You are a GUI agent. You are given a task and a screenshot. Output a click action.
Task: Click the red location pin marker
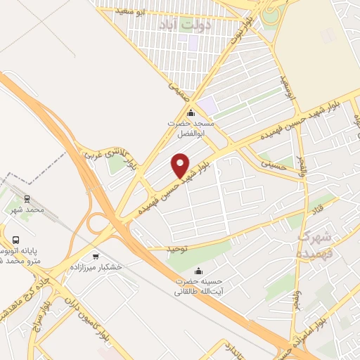click(181, 165)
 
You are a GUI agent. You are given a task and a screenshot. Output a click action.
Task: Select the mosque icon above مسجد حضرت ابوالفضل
click(190, 113)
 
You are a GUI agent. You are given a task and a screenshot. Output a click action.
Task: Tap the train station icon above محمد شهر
click(27, 199)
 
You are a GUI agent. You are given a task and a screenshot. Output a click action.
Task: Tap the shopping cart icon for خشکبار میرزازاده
click(96, 257)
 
